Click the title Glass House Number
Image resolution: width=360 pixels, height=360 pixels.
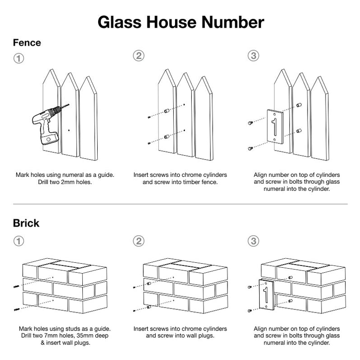pyautogui.click(x=180, y=22)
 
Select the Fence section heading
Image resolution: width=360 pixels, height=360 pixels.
pyautogui.click(x=27, y=43)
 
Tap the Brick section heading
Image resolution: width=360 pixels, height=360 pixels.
pyautogui.click(x=26, y=223)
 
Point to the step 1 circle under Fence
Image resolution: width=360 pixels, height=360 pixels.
pyautogui.click(x=19, y=58)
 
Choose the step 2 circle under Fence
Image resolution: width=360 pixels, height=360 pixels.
pyautogui.click(x=138, y=56)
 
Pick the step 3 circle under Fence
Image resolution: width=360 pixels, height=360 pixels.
pyautogui.click(x=254, y=56)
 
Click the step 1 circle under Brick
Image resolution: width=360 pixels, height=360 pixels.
pyautogui.click(x=19, y=241)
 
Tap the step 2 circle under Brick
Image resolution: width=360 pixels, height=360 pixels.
pyautogui.click(x=138, y=241)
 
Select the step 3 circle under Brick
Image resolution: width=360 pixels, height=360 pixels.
pyautogui.click(x=254, y=241)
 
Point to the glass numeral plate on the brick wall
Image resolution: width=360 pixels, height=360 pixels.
pyautogui.click(x=265, y=299)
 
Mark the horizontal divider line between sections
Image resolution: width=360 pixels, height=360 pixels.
pyautogui.click(x=180, y=204)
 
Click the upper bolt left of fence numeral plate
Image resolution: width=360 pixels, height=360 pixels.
pyautogui.click(x=250, y=123)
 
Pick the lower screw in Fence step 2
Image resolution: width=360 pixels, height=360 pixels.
pyautogui.click(x=149, y=144)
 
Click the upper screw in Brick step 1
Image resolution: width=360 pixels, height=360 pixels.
pyautogui.click(x=16, y=287)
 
